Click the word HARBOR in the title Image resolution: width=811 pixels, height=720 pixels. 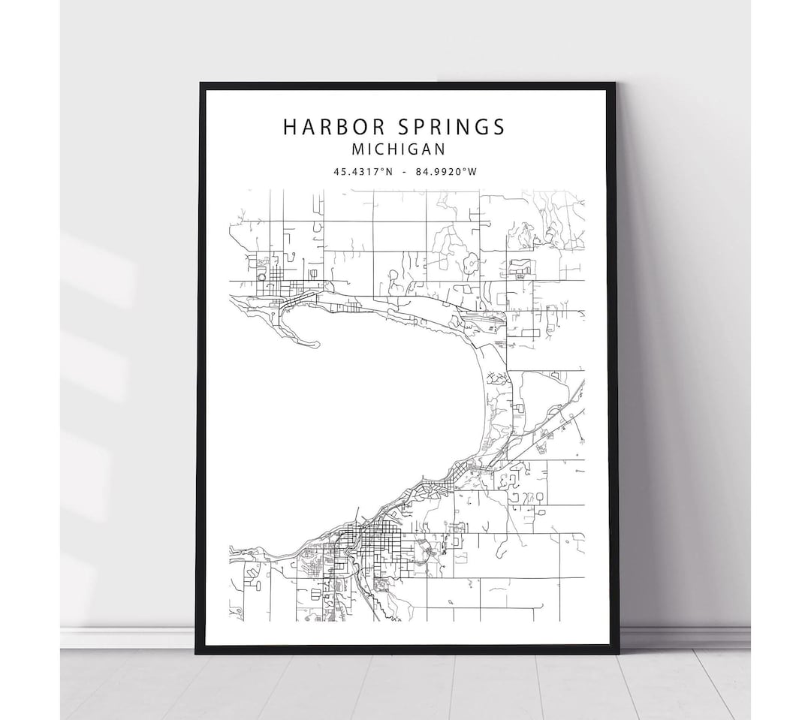(x=329, y=127)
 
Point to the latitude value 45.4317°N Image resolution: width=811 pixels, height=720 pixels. (x=363, y=172)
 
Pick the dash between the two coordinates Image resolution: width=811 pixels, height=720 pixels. (x=405, y=172)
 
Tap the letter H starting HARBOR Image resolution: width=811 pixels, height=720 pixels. (x=289, y=127)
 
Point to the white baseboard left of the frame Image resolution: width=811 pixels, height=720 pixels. (x=128, y=637)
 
